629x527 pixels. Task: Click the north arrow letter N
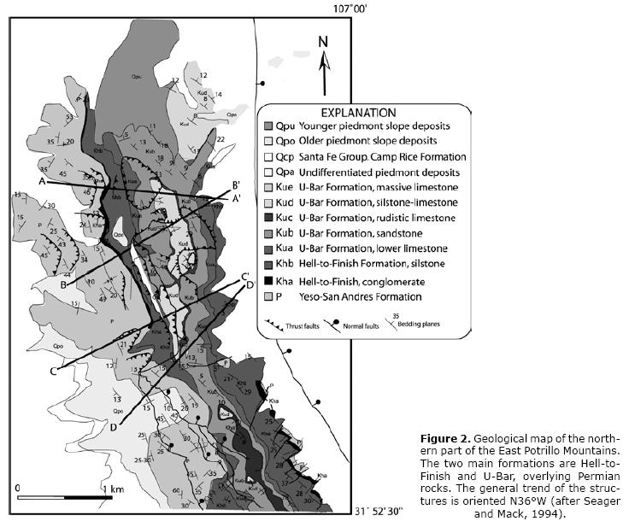click(x=323, y=41)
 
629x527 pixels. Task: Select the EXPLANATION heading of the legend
click(x=358, y=112)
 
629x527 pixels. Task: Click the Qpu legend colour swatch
click(x=268, y=126)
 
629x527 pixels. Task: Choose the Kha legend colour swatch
click(x=268, y=281)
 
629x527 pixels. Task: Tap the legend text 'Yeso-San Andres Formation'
click(x=363, y=296)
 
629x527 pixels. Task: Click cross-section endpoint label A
click(x=41, y=181)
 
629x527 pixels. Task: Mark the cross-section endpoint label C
click(x=53, y=370)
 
